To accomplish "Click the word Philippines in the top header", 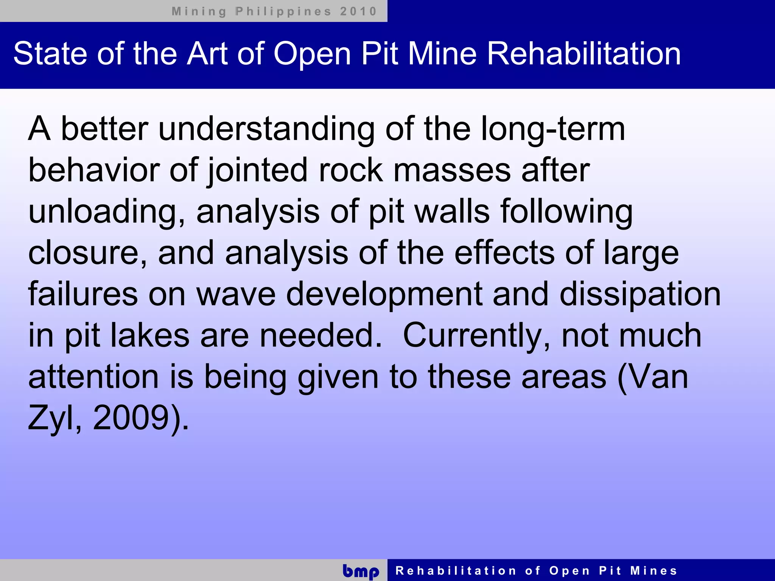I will (x=283, y=11).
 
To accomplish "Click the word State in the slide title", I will (x=50, y=54).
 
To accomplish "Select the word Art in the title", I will (x=208, y=54).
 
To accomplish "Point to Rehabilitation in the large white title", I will (x=584, y=54).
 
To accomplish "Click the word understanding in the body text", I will (x=266, y=130).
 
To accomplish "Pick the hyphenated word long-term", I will (x=553, y=130).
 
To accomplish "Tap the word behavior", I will (x=94, y=171).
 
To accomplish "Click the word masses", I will (x=452, y=171).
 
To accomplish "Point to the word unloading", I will (x=106, y=212).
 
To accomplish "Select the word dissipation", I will (x=640, y=295).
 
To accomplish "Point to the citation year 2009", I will (x=131, y=418).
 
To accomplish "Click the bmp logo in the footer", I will (x=361, y=571).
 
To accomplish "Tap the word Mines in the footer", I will (x=654, y=570).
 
